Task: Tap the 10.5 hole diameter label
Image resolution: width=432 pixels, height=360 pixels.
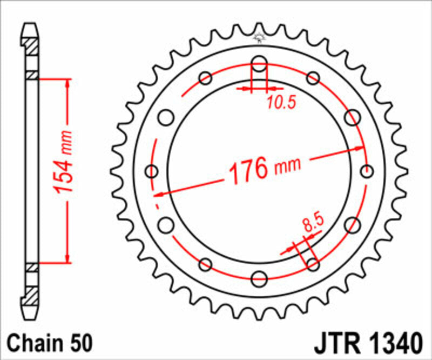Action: (x=281, y=102)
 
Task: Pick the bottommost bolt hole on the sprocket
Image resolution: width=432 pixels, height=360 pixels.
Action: (x=259, y=279)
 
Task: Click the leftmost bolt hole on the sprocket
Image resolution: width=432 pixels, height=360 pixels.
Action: (x=152, y=172)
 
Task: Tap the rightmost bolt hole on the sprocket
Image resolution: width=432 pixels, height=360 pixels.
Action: (x=367, y=172)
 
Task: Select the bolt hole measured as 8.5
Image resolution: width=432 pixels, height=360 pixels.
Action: (x=313, y=264)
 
